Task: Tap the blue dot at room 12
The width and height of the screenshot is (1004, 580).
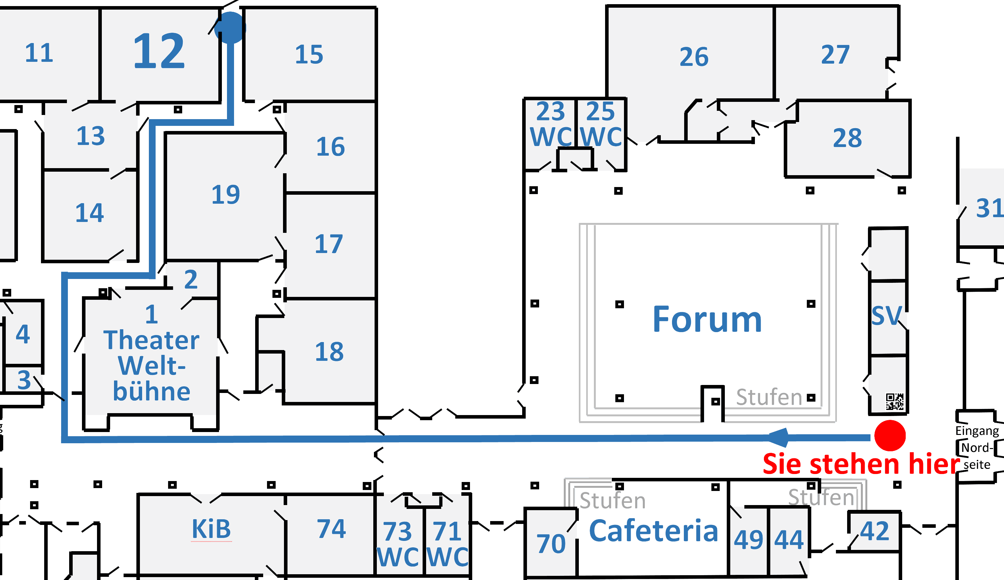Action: [x=230, y=28]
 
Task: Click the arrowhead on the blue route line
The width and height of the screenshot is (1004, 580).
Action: [x=778, y=437]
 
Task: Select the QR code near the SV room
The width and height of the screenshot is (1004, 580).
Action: [x=895, y=402]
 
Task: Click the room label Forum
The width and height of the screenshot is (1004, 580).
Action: [x=707, y=320]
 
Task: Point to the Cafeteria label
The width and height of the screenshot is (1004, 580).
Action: [x=653, y=531]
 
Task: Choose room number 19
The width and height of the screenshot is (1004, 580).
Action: [x=225, y=195]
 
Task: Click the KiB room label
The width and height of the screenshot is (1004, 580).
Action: [x=211, y=529]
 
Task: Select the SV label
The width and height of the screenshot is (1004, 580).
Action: [x=886, y=316]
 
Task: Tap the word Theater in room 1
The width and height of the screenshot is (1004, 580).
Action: [x=151, y=340]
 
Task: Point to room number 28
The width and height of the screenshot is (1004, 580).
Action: [x=847, y=139]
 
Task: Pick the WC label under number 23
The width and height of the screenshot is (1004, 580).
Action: [x=551, y=137]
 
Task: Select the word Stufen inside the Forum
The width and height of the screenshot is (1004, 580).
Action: [x=769, y=397]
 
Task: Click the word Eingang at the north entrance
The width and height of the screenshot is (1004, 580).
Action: [x=977, y=431]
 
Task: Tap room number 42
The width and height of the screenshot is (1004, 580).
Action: [x=874, y=531]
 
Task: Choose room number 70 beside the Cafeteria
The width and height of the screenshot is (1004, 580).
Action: [x=551, y=544]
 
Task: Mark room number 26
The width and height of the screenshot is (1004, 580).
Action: [x=694, y=57]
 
